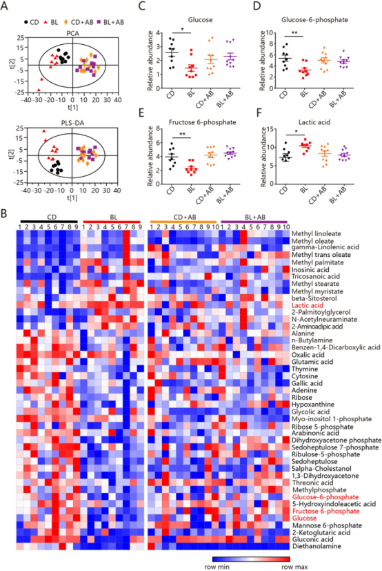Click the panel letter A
(4, 6)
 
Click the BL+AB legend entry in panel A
(110, 22)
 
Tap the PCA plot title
(73, 33)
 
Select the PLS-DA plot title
(72, 123)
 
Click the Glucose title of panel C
(200, 20)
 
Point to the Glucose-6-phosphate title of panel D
(314, 19)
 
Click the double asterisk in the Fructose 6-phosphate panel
(182, 135)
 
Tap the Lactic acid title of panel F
(314, 122)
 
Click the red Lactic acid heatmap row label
(308, 305)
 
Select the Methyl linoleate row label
(316, 234)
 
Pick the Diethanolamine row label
(316, 546)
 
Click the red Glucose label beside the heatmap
(304, 519)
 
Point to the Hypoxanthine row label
(313, 404)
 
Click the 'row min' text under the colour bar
(217, 567)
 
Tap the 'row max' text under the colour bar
(294, 567)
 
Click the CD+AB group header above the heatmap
(185, 217)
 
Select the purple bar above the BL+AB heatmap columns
(254, 222)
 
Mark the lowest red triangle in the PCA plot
(39, 90)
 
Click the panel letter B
(4, 213)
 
